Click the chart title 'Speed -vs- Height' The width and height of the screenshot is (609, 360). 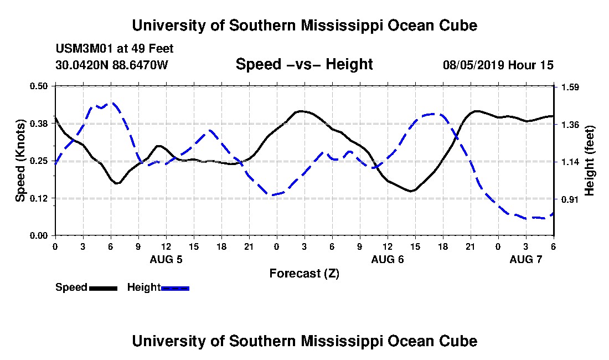[x=304, y=64]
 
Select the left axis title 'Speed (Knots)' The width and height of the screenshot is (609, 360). [x=20, y=160]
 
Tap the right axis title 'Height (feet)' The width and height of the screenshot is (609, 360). [x=589, y=161]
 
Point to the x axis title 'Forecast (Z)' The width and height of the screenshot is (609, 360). [x=304, y=273]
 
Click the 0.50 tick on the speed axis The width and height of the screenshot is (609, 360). [x=39, y=86]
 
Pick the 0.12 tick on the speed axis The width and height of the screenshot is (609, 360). [x=39, y=199]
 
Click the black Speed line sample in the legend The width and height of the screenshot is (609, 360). [x=103, y=288]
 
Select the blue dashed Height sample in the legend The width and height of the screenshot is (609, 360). [x=175, y=288]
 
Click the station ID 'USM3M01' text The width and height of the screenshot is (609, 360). [x=81, y=49]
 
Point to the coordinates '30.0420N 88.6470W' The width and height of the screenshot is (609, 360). [x=111, y=65]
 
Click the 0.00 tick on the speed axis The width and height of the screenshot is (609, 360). [x=39, y=236]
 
